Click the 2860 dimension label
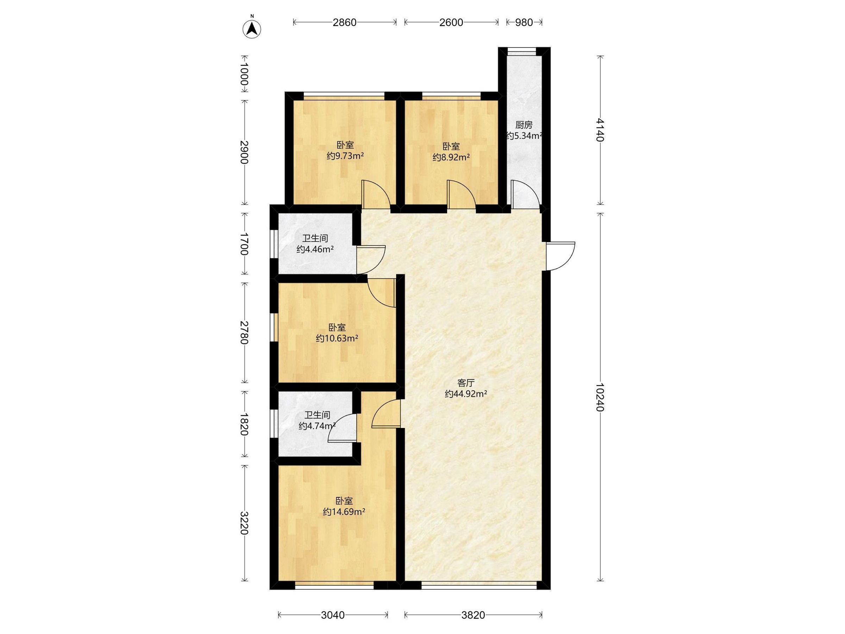344,23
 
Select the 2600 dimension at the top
451,23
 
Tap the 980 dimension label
524,23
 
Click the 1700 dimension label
244,244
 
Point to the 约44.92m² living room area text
466,394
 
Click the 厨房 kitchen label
524,125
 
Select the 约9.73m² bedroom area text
345,156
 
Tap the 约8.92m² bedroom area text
451,157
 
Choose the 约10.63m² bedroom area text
337,338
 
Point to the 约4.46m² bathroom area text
315,249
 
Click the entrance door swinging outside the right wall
561,256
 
